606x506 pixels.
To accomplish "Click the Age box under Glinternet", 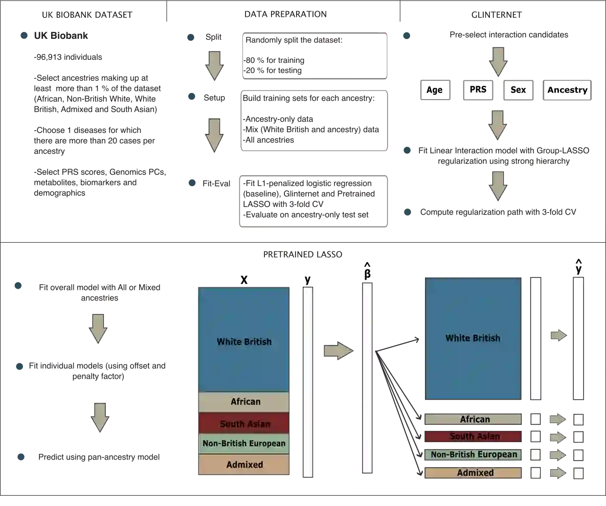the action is point(435,90).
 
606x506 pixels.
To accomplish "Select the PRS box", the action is point(478,89).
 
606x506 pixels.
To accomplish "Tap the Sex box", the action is point(518,90).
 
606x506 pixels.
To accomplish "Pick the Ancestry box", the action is point(567,90).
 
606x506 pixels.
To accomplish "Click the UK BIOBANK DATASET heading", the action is point(87,15).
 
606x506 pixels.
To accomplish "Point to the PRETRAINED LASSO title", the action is point(303,255).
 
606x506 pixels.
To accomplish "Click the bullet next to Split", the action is point(191,37).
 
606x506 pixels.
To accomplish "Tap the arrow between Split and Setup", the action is point(214,65).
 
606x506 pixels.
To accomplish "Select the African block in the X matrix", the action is point(244,402).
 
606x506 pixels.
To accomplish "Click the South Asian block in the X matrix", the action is point(244,423).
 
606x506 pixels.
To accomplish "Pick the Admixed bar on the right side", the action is point(473,473).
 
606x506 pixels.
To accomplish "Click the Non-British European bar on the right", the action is point(473,454).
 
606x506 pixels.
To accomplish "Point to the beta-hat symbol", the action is point(367,271).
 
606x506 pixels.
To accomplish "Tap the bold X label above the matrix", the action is point(244,280).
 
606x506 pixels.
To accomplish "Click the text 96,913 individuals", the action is point(68,57).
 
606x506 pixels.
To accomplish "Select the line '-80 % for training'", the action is point(274,60).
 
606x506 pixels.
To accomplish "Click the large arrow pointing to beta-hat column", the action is point(339,351).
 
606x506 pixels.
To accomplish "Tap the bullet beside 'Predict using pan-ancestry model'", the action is point(21,457).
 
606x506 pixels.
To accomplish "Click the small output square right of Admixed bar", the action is point(578,473).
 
